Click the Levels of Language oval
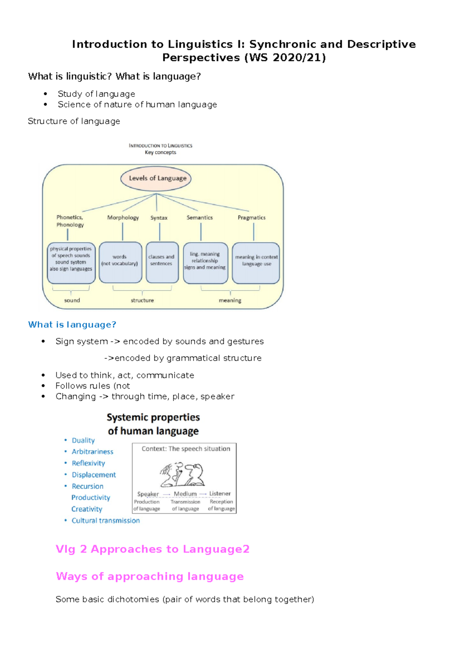(156, 178)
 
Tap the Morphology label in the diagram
(123, 217)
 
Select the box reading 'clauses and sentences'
(162, 262)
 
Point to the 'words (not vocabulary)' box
(120, 262)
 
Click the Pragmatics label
(251, 217)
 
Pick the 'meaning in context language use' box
(256, 263)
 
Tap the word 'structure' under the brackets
(142, 301)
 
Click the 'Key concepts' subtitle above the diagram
(160, 152)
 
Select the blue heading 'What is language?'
(72, 325)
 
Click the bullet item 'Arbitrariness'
(92, 452)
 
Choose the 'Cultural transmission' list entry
(105, 521)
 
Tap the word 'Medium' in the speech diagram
(185, 494)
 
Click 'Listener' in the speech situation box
(220, 494)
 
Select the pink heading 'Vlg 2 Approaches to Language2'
(153, 549)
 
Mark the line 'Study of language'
(96, 94)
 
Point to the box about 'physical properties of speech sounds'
(71, 263)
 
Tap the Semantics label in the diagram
(200, 217)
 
